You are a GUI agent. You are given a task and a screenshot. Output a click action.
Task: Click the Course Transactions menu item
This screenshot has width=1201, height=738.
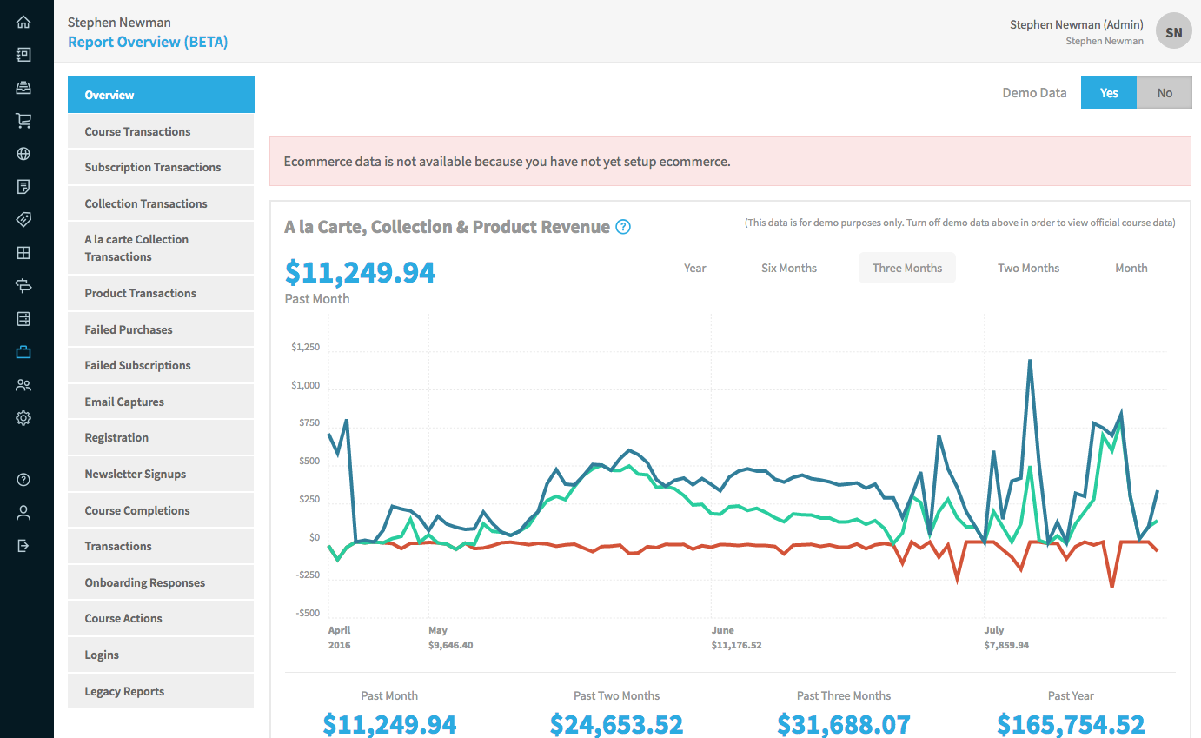[x=137, y=131]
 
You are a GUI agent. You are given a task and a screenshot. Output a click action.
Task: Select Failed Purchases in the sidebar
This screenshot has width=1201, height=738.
[x=129, y=329]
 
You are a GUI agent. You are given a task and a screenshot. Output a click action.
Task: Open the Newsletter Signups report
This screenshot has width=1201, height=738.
[x=136, y=474]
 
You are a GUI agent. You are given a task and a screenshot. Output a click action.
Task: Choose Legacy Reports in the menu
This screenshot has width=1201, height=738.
[x=124, y=691]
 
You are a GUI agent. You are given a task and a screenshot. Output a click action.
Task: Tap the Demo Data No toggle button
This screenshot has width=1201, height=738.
[x=1165, y=93]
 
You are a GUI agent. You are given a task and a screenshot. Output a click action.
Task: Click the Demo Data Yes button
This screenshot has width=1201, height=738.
[x=1109, y=93]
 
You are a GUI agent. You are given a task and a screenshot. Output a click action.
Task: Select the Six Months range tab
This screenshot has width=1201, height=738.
[x=789, y=268]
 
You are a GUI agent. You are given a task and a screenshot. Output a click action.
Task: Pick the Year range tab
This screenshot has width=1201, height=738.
[x=695, y=268]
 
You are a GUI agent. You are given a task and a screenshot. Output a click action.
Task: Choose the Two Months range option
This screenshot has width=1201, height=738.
[x=1028, y=268]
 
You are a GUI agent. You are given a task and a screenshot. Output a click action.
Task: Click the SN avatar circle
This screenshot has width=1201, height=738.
[x=1173, y=32]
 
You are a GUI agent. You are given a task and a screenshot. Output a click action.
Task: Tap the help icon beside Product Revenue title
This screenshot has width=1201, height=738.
[x=623, y=227]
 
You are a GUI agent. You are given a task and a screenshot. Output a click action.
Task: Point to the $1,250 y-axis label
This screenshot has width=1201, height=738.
[x=306, y=347]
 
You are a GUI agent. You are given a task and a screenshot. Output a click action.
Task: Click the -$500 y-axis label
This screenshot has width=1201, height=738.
[x=307, y=613]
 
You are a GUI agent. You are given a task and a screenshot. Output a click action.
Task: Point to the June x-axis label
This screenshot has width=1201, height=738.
[x=722, y=630]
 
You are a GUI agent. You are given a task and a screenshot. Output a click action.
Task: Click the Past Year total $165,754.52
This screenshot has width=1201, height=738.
[x=1071, y=723]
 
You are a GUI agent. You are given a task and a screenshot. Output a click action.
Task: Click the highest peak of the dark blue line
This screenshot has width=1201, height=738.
[x=1030, y=360]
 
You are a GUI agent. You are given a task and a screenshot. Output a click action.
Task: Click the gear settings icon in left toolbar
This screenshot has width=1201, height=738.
[x=23, y=418]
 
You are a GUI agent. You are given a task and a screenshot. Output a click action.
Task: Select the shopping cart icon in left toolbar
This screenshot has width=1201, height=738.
[x=23, y=121]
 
